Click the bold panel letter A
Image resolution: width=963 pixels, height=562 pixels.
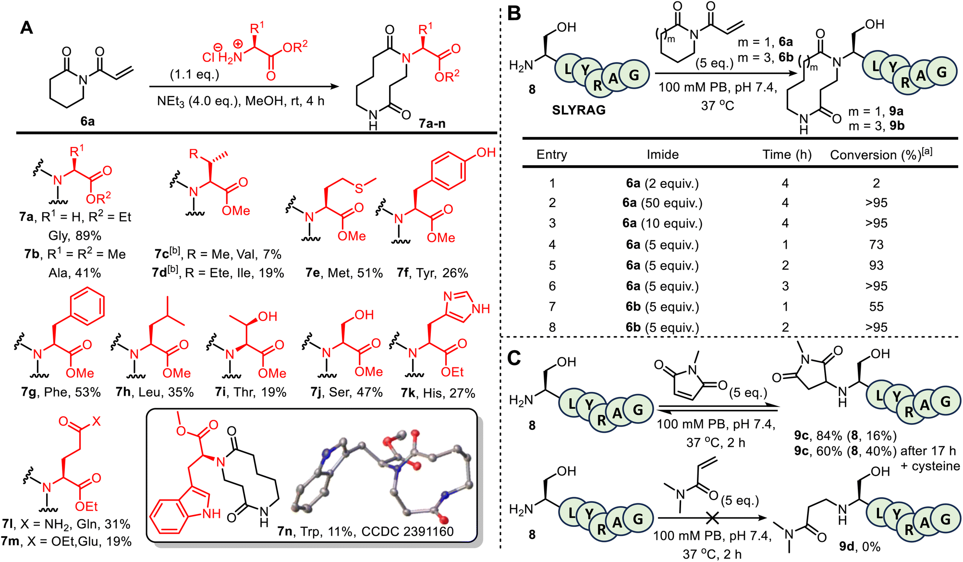click(26, 27)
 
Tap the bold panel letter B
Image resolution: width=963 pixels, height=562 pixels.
click(514, 13)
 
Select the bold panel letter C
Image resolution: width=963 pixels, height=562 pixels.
click(514, 358)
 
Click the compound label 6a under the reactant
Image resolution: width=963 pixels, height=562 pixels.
click(87, 121)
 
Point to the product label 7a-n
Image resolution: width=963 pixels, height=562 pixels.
click(432, 123)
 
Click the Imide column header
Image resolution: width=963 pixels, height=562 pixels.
click(663, 155)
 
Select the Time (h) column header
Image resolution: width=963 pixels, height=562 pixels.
click(787, 155)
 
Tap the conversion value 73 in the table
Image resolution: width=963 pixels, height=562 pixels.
click(876, 244)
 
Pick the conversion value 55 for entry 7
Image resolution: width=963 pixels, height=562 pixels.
click(876, 306)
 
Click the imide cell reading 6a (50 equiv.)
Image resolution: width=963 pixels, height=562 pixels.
click(662, 203)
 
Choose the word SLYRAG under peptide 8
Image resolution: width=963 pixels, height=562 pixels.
click(579, 110)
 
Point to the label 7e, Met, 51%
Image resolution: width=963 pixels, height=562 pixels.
click(344, 273)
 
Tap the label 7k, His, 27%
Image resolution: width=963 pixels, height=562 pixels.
click(438, 393)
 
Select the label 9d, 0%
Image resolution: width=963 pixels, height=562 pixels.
click(860, 546)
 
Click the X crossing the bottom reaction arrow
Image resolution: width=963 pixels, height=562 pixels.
click(712, 518)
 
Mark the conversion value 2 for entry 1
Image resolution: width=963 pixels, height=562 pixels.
click(876, 183)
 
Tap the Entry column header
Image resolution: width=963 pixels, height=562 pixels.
click(552, 155)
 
